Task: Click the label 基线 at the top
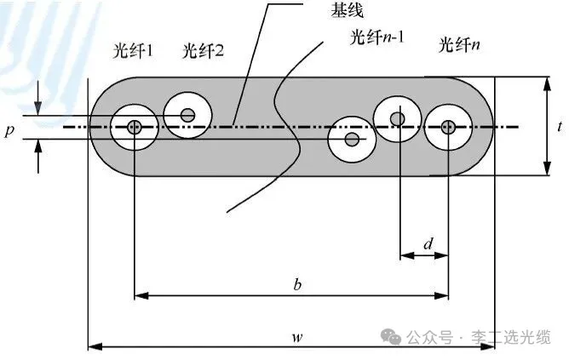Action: (347, 10)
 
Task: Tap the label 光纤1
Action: (133, 50)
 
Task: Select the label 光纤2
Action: (203, 50)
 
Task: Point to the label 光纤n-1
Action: (377, 37)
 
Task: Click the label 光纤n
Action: (459, 45)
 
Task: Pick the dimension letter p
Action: (9, 130)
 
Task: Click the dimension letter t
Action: (560, 126)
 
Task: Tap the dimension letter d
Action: (428, 243)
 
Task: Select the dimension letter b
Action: (297, 284)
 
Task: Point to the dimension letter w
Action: (297, 337)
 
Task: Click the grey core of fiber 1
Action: (134, 127)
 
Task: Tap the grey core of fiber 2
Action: (187, 115)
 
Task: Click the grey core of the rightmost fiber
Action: (448, 127)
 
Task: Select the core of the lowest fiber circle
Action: (352, 140)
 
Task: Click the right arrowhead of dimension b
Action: (441, 296)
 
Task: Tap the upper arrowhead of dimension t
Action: (547, 83)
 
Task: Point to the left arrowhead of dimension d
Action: (407, 255)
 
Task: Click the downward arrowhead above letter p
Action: (37, 108)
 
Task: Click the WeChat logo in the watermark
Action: (390, 337)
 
